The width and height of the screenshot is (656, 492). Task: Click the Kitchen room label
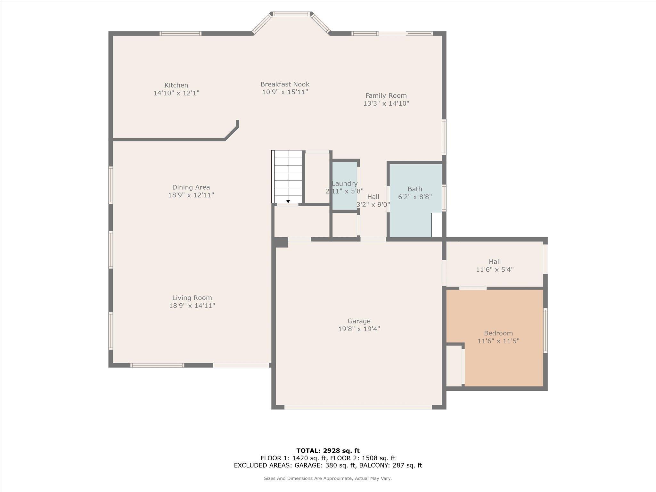pyautogui.click(x=176, y=85)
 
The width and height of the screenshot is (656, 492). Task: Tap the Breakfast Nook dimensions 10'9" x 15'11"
pyautogui.click(x=285, y=92)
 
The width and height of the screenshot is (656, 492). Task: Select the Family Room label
pyautogui.click(x=386, y=95)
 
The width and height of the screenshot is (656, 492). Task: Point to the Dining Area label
pyautogui.click(x=191, y=187)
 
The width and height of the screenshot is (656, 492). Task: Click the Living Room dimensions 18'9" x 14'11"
pyautogui.click(x=192, y=306)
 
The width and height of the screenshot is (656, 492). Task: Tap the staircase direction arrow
pyautogui.click(x=288, y=201)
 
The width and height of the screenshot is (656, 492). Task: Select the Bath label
pyautogui.click(x=414, y=189)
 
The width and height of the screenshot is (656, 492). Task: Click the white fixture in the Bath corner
pyautogui.click(x=436, y=225)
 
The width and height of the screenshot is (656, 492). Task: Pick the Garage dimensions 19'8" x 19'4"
pyautogui.click(x=359, y=329)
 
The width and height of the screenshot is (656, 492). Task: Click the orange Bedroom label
pyautogui.click(x=498, y=333)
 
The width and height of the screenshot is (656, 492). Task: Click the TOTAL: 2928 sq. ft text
pyautogui.click(x=328, y=451)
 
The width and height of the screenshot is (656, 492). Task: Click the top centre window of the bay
pyautogui.click(x=291, y=14)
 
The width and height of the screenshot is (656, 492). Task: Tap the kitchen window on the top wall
pyautogui.click(x=180, y=33)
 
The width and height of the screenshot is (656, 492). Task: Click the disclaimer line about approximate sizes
pyautogui.click(x=328, y=478)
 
